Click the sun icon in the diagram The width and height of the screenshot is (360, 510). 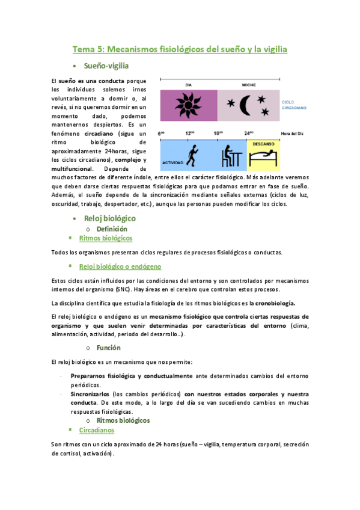tap(188, 106)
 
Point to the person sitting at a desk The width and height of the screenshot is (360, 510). tap(230, 156)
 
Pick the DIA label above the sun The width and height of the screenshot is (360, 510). tap(188, 85)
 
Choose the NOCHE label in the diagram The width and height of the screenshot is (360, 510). tap(248, 85)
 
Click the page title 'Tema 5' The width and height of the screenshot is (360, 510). tap(180, 49)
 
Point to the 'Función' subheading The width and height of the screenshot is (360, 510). tap(108, 348)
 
